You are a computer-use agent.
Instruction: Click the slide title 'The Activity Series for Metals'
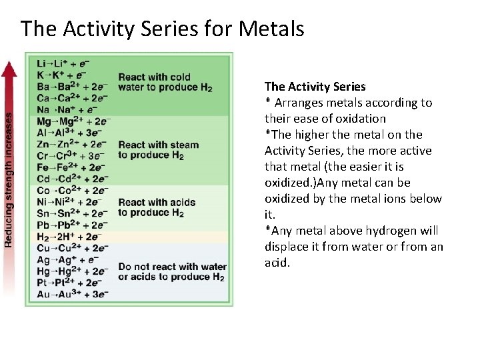(x=162, y=29)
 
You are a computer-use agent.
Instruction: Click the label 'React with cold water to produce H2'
(x=165, y=82)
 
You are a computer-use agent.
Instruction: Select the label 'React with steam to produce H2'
(x=159, y=150)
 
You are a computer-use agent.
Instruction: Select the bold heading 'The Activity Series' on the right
(x=315, y=87)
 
